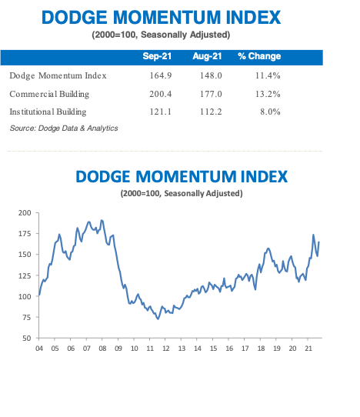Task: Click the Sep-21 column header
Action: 157,56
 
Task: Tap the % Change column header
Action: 259,56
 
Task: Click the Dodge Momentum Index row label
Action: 58,75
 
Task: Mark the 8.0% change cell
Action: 269,112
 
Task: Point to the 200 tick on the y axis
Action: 25,212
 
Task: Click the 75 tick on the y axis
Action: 27,317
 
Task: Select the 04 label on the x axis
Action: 39,349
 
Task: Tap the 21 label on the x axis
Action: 308,349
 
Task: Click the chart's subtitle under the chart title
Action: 182,193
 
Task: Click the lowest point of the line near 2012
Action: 158,318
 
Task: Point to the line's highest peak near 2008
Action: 102,221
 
